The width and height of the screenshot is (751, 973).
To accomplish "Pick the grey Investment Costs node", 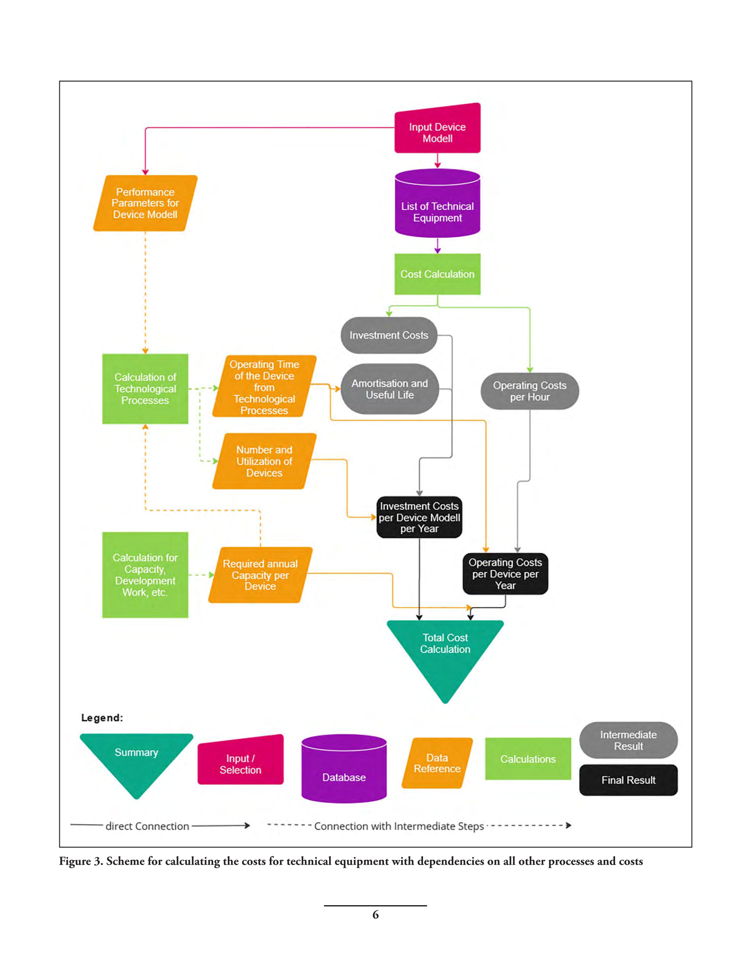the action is [x=389, y=335].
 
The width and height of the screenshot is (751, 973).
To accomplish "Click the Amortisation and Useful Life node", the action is [x=389, y=389].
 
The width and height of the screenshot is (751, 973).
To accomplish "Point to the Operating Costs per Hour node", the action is [x=530, y=391].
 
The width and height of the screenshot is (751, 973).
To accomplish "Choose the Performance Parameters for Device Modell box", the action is [x=145, y=203].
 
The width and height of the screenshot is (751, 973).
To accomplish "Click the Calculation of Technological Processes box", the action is [x=145, y=389].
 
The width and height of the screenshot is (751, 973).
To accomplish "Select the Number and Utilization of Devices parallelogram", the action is [x=264, y=461].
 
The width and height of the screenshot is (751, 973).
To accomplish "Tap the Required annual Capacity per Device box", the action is [x=261, y=575].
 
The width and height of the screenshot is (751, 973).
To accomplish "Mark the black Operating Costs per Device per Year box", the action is [x=505, y=574].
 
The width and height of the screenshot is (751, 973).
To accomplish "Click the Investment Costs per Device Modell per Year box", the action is [x=419, y=517].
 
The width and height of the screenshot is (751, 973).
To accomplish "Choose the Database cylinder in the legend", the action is [x=344, y=769].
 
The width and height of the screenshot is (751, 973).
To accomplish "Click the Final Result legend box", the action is [x=628, y=780].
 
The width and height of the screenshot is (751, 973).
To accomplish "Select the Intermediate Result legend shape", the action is [x=628, y=740].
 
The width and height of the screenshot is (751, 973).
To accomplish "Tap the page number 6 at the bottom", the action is [x=375, y=915].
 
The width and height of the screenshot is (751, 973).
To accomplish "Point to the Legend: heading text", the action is [x=102, y=718].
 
